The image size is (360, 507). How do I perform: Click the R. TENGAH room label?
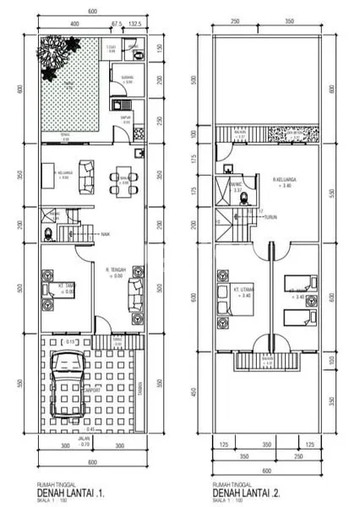tap(116, 270)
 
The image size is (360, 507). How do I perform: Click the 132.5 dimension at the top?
tap(134, 25)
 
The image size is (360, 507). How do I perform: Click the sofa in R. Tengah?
tap(136, 294)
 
